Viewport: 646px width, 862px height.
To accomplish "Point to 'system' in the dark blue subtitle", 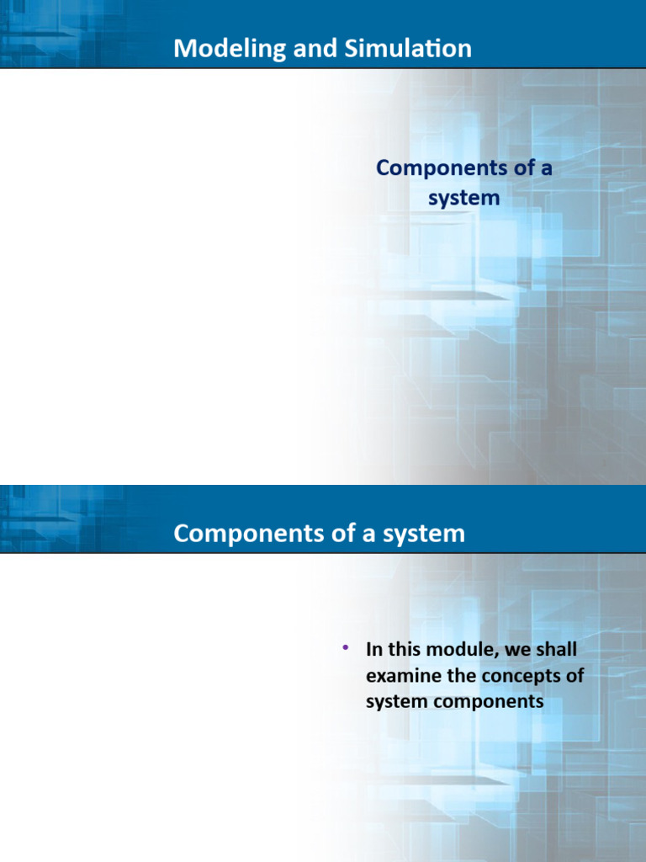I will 463,199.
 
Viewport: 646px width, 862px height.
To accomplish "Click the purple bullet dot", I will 345,647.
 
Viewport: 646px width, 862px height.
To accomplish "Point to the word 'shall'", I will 554,650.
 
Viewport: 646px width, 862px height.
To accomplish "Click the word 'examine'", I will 400,675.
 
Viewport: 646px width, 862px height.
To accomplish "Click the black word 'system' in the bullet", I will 394,700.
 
